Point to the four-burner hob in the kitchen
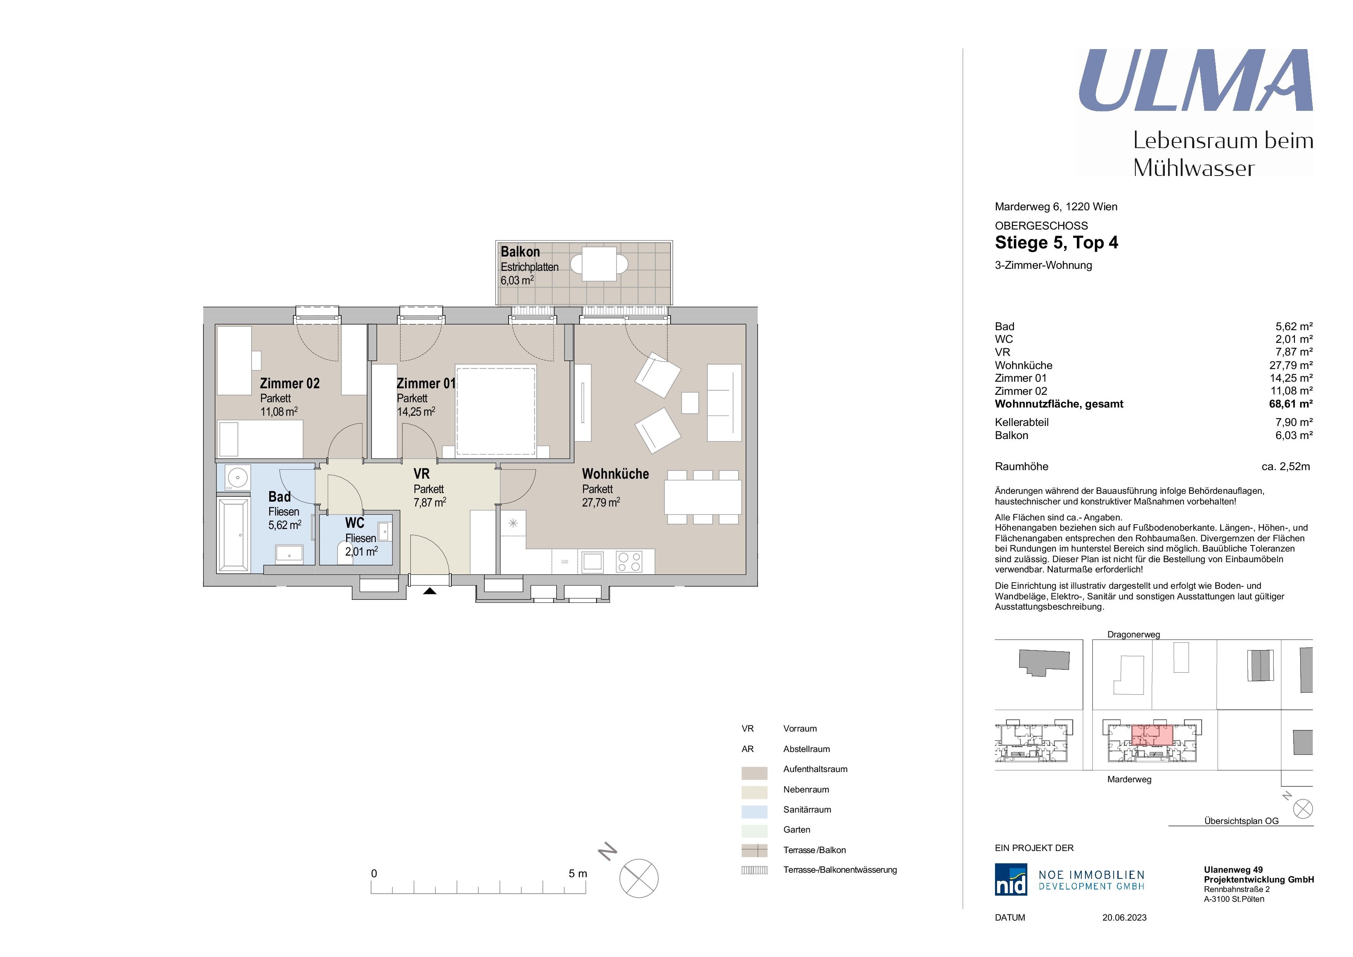(629, 562)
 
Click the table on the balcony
(599, 263)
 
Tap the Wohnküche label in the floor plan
(615, 474)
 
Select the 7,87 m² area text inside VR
(430, 503)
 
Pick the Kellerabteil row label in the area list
(1022, 423)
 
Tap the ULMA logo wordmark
(1195, 80)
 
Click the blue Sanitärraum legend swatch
(754, 811)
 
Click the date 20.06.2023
(1124, 918)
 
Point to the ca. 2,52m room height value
(1286, 467)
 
